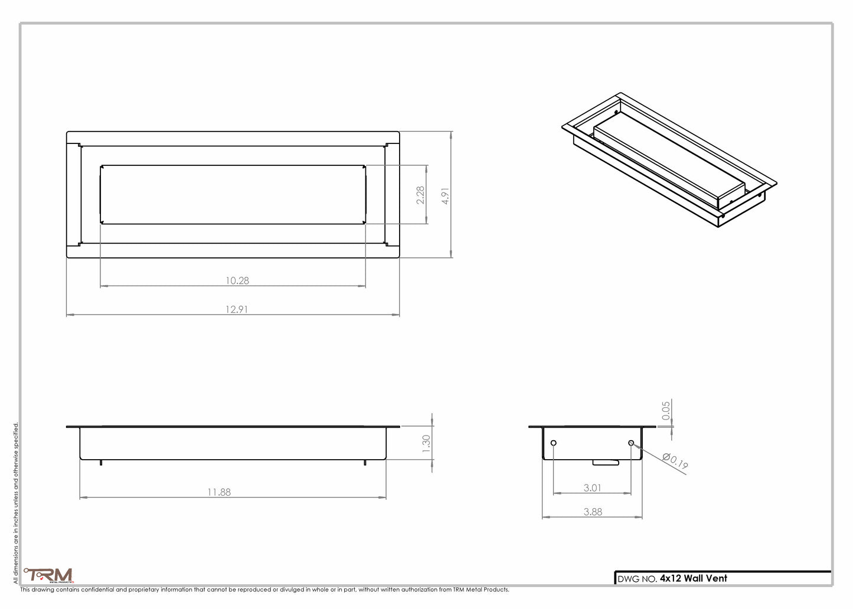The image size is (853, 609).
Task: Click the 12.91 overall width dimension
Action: (x=236, y=309)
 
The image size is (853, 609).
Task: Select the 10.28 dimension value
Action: (x=237, y=281)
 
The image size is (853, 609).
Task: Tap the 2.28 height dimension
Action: (x=420, y=195)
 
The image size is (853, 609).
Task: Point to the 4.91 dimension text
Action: (x=446, y=196)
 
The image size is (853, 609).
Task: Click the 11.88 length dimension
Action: (x=218, y=492)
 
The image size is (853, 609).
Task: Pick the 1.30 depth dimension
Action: (x=426, y=444)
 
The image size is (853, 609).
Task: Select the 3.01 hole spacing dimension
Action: (x=592, y=488)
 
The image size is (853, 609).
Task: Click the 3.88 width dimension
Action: (x=593, y=512)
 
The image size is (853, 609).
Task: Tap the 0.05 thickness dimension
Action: (x=666, y=411)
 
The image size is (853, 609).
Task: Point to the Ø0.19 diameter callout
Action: (x=675, y=461)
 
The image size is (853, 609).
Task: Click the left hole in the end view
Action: (x=553, y=443)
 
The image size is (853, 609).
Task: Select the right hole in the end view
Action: (x=631, y=443)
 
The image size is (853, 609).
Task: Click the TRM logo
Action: (x=48, y=575)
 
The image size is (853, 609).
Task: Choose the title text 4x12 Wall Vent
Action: (x=693, y=578)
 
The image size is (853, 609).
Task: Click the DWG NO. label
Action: (x=637, y=579)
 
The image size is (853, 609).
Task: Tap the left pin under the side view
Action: (x=101, y=463)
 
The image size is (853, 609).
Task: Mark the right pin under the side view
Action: (x=365, y=463)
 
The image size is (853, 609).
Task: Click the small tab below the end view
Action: (x=606, y=463)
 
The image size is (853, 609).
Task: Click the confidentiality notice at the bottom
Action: (x=264, y=590)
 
